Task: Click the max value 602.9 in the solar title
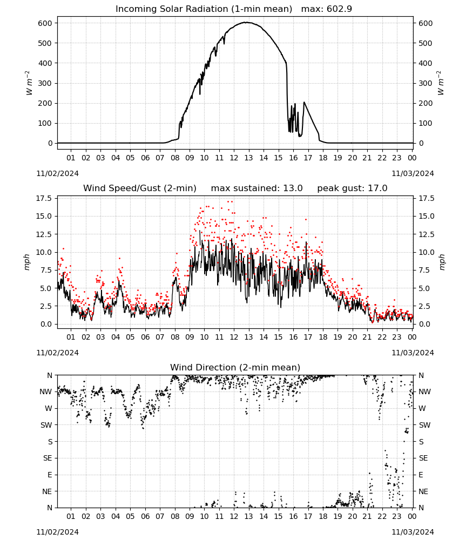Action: [339, 9]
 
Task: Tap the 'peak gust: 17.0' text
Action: [352, 188]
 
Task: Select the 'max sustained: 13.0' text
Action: [257, 188]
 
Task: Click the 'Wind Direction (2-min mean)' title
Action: [235, 367]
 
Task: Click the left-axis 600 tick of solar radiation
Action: [45, 23]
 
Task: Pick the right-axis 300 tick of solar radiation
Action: [426, 83]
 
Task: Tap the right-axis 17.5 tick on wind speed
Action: [426, 198]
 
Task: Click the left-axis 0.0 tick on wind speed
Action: [46, 324]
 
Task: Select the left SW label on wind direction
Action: [46, 425]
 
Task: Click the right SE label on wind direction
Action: [423, 458]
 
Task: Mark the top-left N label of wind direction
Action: [50, 375]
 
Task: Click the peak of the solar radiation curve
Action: [246, 22]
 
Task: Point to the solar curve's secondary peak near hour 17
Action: [304, 102]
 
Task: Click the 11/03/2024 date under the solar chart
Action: [413, 173]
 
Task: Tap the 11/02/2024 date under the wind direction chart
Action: [57, 532]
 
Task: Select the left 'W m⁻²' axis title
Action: [29, 83]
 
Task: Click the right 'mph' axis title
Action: [442, 262]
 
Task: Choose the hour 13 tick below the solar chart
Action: [248, 158]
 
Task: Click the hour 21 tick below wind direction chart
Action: [367, 516]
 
